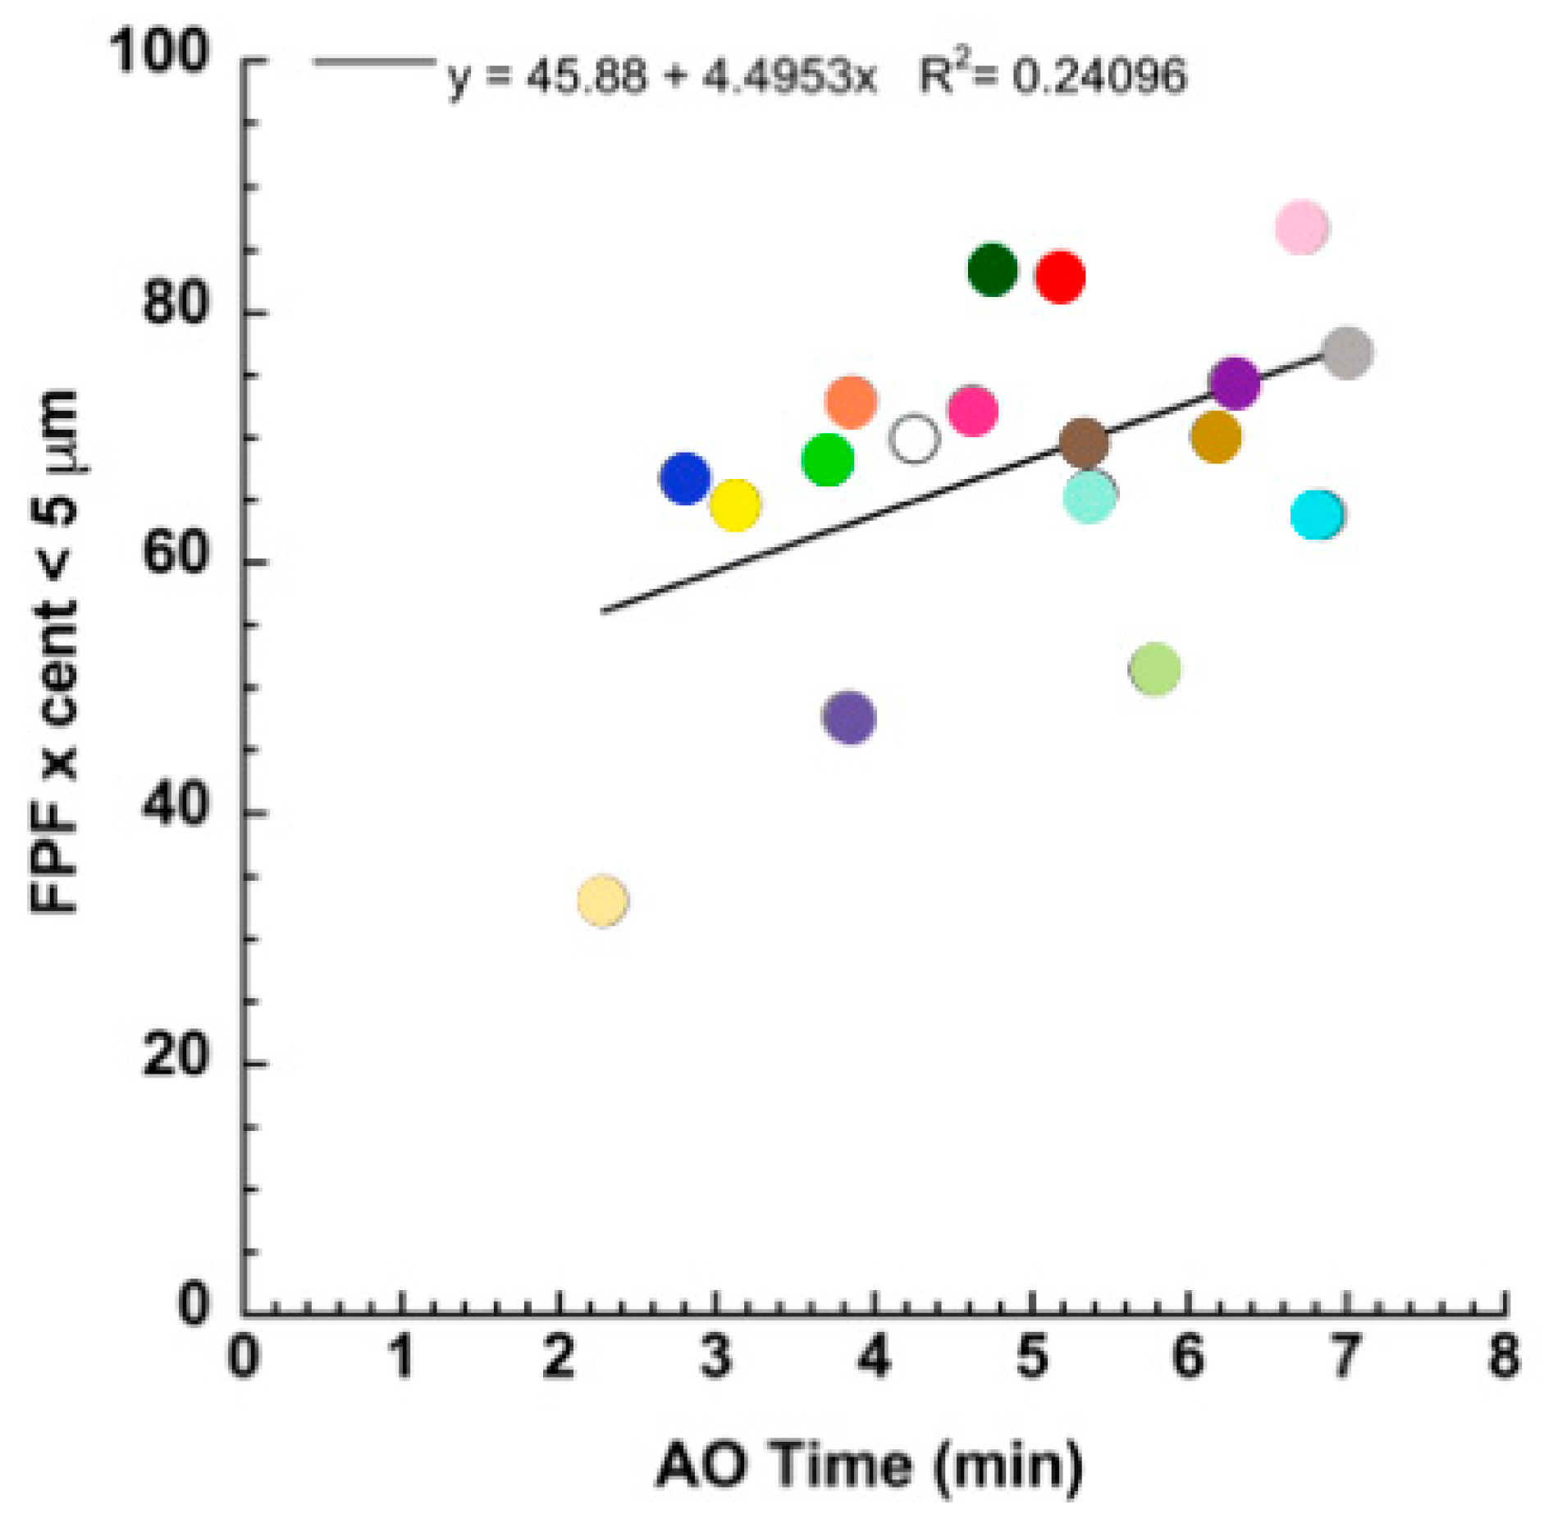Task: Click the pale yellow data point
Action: coord(602,900)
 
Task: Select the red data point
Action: coord(1059,277)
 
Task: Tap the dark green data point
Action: coord(992,269)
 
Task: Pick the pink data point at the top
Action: coord(1301,227)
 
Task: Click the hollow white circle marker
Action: coord(913,439)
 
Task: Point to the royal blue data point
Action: coord(684,477)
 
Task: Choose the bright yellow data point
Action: coord(734,504)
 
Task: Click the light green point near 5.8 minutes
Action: coord(1154,668)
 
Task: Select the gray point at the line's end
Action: coord(1346,353)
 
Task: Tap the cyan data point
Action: coord(1316,514)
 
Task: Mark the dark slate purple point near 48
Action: coord(848,717)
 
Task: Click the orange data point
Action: coord(851,402)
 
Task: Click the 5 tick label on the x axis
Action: coord(1031,1357)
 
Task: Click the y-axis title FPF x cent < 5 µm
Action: coord(56,651)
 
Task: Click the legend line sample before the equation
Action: coord(374,62)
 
